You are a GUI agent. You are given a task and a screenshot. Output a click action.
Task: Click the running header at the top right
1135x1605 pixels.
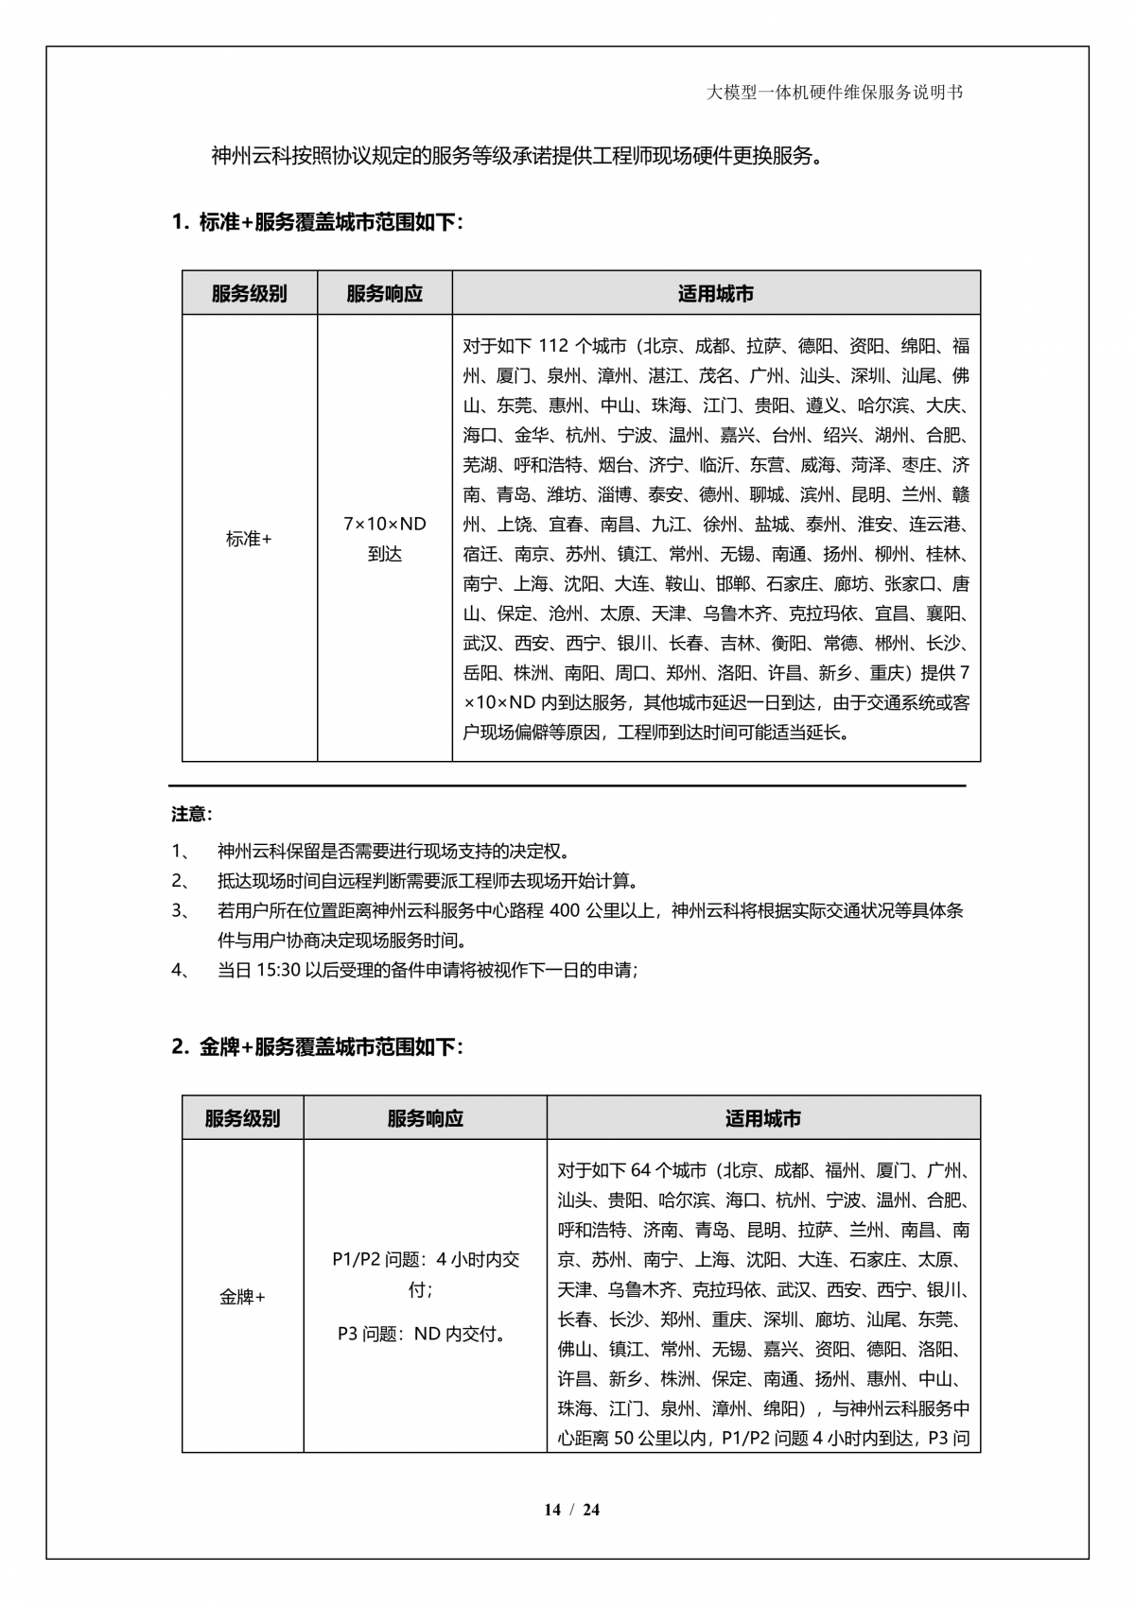[x=835, y=93]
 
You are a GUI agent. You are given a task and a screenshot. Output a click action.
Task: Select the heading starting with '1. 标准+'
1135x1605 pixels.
[x=318, y=223]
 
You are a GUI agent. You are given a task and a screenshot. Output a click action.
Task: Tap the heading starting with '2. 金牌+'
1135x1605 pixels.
[x=318, y=1047]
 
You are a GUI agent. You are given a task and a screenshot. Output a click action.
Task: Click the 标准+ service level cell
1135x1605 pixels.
[x=249, y=539]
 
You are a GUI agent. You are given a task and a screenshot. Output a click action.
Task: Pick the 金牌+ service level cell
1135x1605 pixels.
[x=242, y=1297]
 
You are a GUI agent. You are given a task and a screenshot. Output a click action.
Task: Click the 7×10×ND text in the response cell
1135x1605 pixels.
[x=385, y=524]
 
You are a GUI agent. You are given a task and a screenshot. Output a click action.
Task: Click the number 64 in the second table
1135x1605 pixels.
[x=640, y=1171]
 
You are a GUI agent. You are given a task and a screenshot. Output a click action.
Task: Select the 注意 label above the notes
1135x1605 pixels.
[x=192, y=814]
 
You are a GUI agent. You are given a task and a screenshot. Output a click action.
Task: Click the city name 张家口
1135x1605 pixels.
[x=909, y=584]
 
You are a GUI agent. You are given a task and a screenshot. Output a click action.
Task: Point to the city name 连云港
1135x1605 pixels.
[x=939, y=525]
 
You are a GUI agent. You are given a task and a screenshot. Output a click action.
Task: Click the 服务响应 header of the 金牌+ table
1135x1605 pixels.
[x=425, y=1118]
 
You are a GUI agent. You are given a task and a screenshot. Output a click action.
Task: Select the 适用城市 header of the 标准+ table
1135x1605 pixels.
[x=716, y=294]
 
